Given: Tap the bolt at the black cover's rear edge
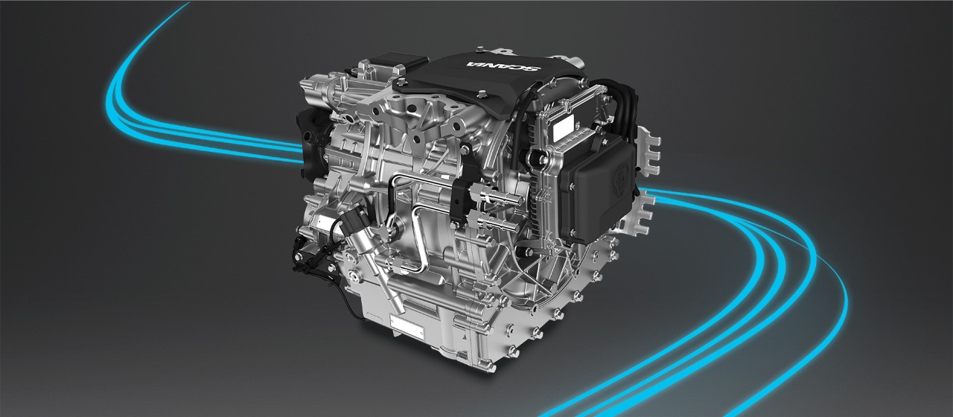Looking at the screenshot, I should click(x=480, y=51).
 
